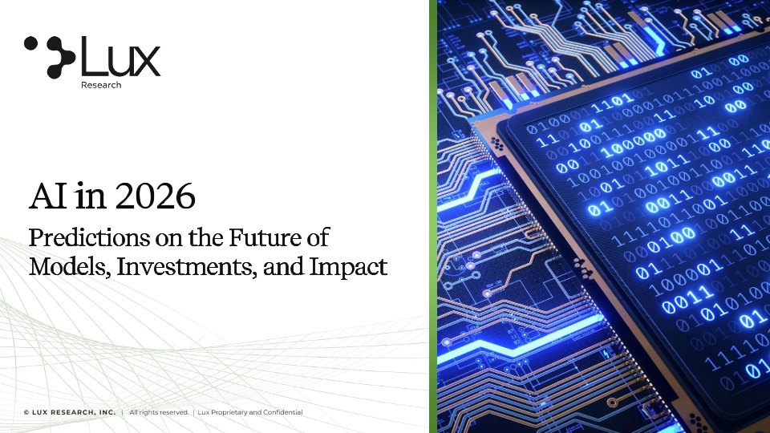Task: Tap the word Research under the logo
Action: click(101, 85)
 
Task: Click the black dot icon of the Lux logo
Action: click(50, 57)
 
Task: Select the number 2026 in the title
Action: click(156, 196)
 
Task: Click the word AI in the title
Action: click(48, 196)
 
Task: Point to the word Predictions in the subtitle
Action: click(89, 237)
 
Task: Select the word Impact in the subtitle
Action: click(348, 267)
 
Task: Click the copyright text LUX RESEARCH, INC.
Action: click(74, 412)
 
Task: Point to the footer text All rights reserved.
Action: click(159, 412)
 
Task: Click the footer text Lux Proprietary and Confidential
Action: click(250, 412)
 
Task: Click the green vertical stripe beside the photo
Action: click(433, 216)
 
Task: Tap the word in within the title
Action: click(91, 196)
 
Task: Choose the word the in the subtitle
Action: click(206, 237)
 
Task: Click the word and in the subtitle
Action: click(283, 266)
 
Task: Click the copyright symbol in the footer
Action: click(26, 412)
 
